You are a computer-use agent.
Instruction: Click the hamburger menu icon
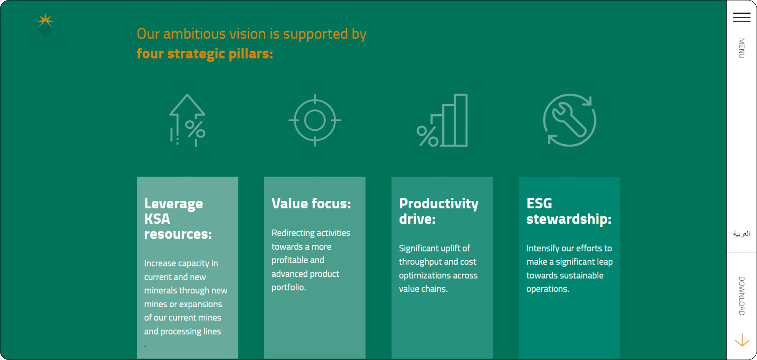click(x=742, y=17)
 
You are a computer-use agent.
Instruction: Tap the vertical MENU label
click(x=742, y=48)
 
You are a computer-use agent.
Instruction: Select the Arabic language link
click(x=741, y=234)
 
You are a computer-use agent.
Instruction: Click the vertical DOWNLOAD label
click(x=742, y=296)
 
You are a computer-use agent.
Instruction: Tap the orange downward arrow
click(x=742, y=340)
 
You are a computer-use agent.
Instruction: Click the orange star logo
click(x=45, y=21)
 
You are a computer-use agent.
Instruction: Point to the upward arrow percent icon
click(x=187, y=120)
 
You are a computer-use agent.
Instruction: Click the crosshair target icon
click(x=315, y=120)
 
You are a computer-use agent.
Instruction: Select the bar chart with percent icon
click(x=442, y=120)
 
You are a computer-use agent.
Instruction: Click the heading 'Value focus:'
click(x=311, y=204)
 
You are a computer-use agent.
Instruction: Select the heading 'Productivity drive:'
click(x=439, y=211)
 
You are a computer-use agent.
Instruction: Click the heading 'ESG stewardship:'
click(x=569, y=211)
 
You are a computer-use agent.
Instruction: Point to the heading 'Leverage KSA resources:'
click(x=178, y=218)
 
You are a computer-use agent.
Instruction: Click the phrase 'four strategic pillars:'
click(x=205, y=54)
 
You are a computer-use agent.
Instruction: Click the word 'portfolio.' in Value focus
click(x=289, y=287)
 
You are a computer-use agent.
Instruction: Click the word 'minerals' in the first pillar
click(x=160, y=290)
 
